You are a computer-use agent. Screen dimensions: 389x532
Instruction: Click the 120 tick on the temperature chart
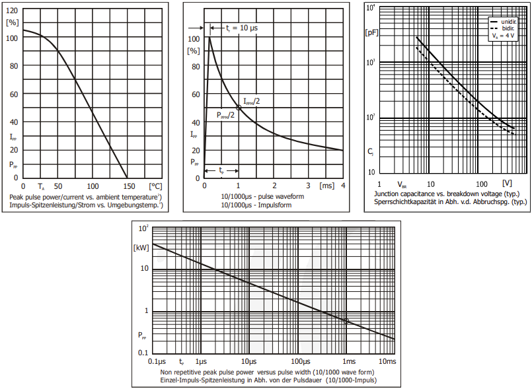(x=11, y=11)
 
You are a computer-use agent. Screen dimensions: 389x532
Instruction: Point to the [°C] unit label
(x=155, y=186)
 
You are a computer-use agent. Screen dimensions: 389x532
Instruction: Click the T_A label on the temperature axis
(x=41, y=187)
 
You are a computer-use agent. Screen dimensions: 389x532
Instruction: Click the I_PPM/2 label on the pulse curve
(x=252, y=100)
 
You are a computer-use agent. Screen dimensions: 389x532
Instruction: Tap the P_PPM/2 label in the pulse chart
(x=226, y=115)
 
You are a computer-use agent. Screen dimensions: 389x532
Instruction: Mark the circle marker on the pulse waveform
(x=239, y=107)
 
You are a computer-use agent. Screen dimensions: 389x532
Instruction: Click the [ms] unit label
(x=326, y=186)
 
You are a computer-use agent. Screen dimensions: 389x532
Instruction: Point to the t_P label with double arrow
(x=221, y=170)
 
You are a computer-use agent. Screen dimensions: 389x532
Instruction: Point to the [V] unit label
(x=507, y=183)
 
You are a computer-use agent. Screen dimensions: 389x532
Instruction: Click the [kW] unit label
(x=142, y=248)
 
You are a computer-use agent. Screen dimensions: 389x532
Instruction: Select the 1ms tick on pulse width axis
(x=349, y=362)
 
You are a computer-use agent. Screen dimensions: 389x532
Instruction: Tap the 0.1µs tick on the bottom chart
(x=157, y=362)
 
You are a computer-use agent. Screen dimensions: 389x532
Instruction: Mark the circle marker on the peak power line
(x=346, y=320)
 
